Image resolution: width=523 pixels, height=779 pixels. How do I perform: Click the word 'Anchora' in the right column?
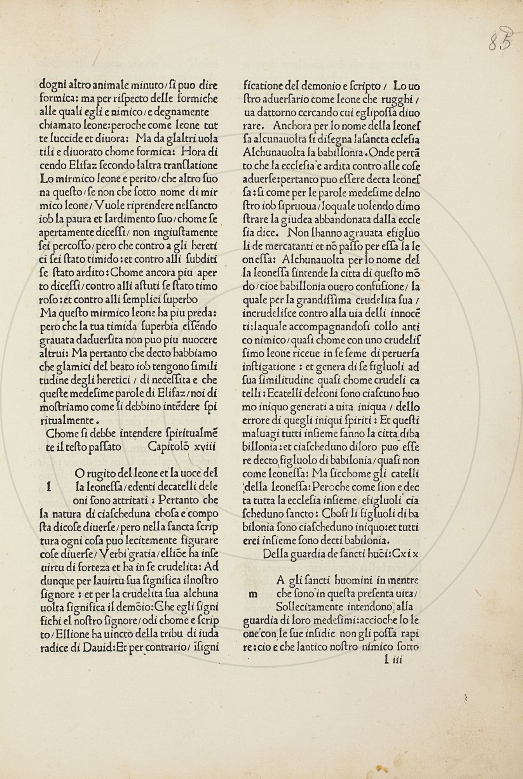click(289, 126)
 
